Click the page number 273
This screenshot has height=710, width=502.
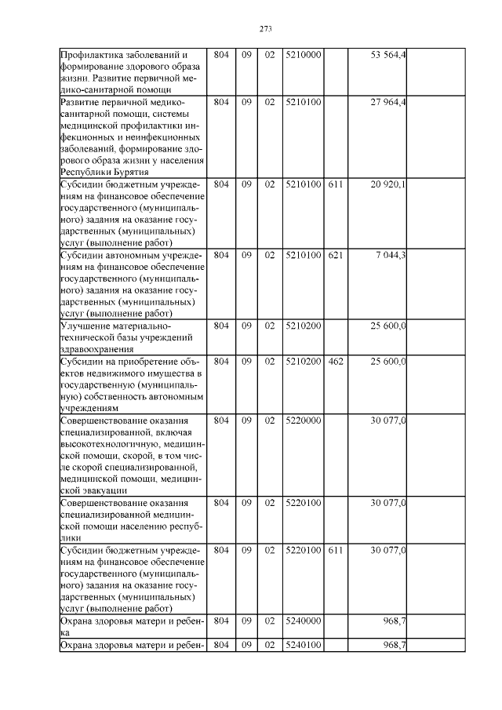264,29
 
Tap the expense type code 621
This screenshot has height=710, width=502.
336,255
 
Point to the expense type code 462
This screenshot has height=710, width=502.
336,361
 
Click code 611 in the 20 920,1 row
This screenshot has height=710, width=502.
336,184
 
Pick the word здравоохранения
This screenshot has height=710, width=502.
97,349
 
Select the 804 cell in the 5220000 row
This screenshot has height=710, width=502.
221,421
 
